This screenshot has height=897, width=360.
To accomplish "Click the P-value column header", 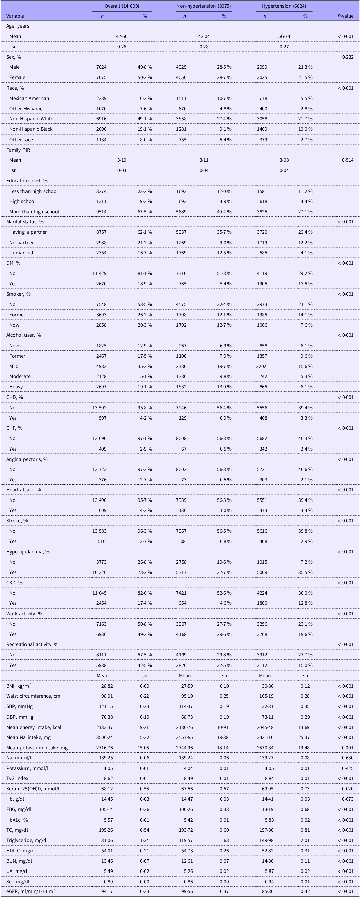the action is tap(345, 16).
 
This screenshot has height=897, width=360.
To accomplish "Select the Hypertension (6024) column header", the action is tap(284, 6).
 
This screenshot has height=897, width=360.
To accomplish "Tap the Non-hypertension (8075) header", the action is tap(204, 6).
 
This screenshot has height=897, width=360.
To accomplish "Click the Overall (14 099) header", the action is tap(122, 6).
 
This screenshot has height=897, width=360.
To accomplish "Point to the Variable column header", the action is tap(15, 16).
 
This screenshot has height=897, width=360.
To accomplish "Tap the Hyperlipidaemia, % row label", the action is tap(28, 551).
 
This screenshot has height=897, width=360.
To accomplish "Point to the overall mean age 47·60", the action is tap(122, 36).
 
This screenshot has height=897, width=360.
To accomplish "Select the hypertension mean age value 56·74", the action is tap(284, 36).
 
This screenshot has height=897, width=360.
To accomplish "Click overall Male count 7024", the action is tap(101, 67).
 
